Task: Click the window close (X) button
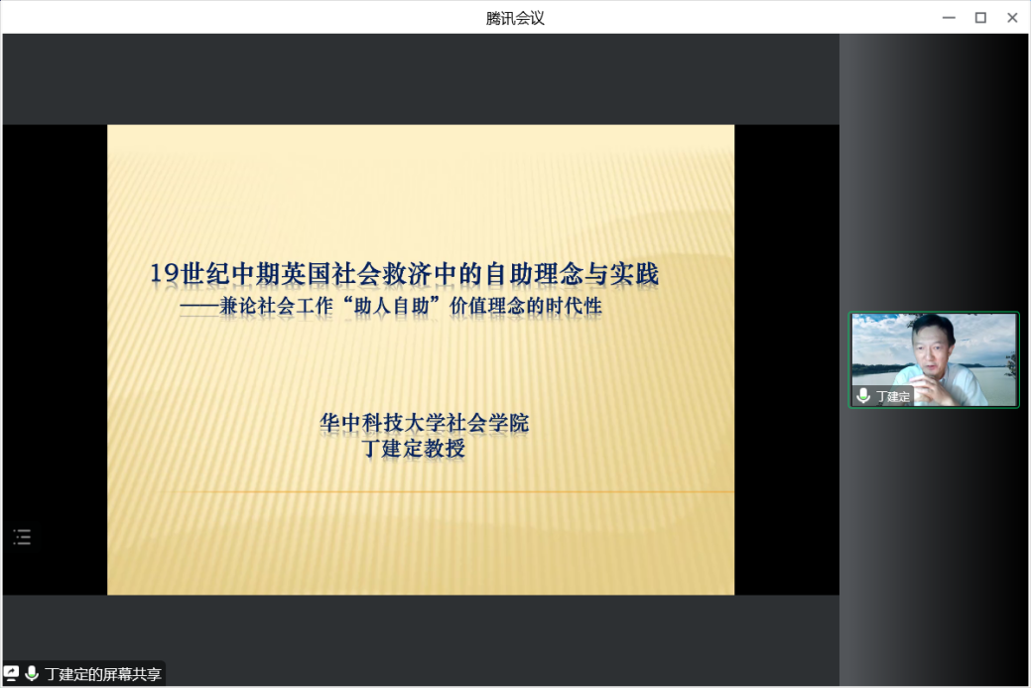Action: tap(1012, 18)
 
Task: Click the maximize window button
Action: tap(980, 18)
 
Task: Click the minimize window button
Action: tap(949, 18)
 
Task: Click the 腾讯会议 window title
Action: tap(515, 18)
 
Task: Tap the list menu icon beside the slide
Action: tap(22, 537)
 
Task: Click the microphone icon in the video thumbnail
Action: tap(863, 396)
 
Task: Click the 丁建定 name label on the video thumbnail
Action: tap(893, 397)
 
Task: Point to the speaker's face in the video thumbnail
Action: tap(933, 343)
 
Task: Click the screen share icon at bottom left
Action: tap(11, 673)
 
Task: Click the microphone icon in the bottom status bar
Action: tap(31, 673)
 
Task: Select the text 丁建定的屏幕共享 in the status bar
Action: tap(103, 674)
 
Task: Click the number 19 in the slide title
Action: tap(165, 273)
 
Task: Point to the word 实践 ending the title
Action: tap(634, 274)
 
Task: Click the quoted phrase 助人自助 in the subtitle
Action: tap(392, 306)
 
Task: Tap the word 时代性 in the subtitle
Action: tap(574, 306)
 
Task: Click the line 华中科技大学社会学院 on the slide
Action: tap(424, 422)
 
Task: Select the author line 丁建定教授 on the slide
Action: tap(414, 448)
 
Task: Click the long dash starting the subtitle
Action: tap(199, 307)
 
